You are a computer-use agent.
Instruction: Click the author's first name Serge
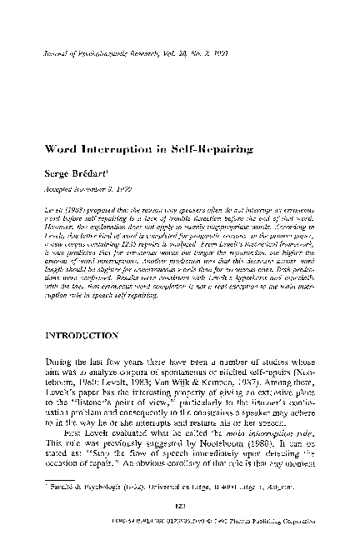click(x=57, y=173)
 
